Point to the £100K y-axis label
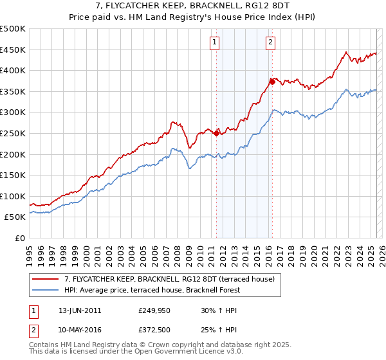tap(13, 196)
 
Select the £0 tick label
tap(19, 238)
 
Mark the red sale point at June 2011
tap(216, 133)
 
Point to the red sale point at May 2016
tap(272, 82)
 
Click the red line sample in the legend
tap(46, 279)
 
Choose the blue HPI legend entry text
tap(152, 290)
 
